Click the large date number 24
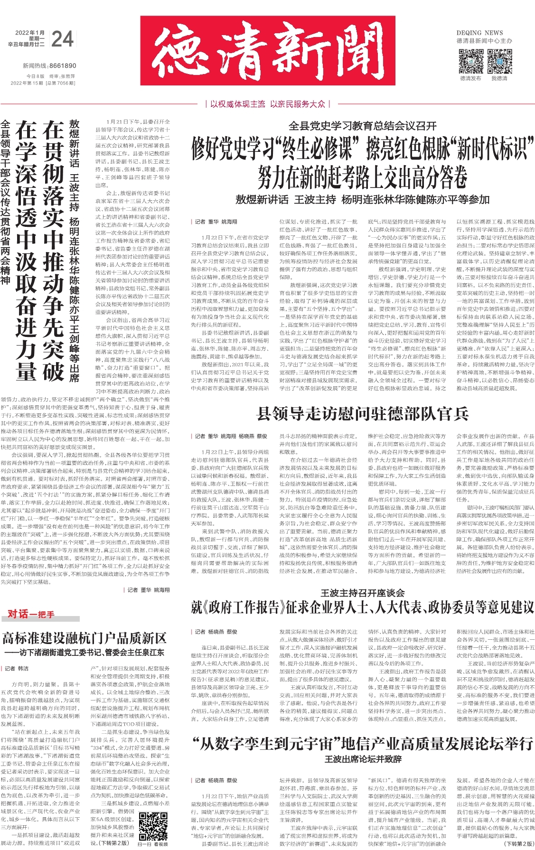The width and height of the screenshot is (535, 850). [x=62, y=39]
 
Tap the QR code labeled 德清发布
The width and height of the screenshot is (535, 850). [x=470, y=61]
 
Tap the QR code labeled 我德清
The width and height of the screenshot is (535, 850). [x=499, y=61]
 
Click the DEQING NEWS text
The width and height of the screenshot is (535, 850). [x=479, y=33]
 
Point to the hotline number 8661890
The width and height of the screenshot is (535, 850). [x=62, y=66]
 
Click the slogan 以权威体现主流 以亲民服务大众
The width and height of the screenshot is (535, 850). [x=268, y=104]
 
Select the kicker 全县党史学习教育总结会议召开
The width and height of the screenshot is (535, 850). [x=363, y=126]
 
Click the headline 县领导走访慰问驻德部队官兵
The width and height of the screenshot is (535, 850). [x=363, y=414]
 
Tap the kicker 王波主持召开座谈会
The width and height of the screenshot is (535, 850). [x=363, y=593]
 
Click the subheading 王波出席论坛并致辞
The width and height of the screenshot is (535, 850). [x=363, y=759]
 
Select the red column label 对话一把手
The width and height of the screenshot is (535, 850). [x=31, y=614]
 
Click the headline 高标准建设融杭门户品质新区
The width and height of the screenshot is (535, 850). [x=84, y=638]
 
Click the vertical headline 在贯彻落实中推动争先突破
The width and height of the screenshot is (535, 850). [x=53, y=251]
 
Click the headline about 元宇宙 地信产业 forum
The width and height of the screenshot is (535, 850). [x=363, y=744]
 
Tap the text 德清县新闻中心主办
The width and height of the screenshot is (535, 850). [x=484, y=41]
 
